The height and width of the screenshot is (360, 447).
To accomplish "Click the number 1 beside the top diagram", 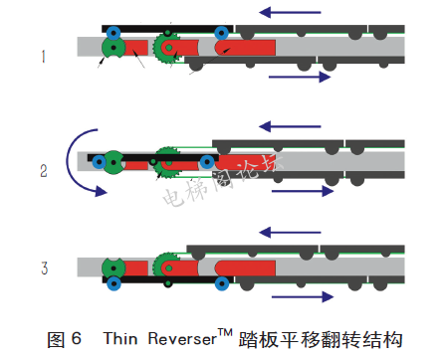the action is click(43, 57).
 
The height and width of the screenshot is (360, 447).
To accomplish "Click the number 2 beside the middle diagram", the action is click(44, 171).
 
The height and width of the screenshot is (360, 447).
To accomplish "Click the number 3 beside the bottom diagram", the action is click(45, 268).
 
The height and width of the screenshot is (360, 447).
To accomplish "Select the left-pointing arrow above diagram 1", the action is click(290, 13).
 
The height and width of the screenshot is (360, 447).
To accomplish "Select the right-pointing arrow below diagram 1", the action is click(300, 78).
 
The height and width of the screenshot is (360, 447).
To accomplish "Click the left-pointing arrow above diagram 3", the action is click(290, 233).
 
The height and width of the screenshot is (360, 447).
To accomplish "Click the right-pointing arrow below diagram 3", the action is click(303, 297).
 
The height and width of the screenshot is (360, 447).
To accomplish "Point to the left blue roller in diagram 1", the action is click(113, 33).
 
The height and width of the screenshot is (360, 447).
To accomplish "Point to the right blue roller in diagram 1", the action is click(221, 33).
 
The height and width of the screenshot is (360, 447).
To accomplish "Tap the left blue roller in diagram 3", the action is click(113, 283).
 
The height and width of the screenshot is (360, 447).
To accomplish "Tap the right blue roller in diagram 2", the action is click(207, 162).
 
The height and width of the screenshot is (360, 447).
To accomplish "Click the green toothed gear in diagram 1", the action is click(166, 48).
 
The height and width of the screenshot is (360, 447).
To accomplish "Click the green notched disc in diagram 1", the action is click(113, 48).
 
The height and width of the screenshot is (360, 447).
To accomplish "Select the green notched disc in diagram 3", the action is click(113, 268).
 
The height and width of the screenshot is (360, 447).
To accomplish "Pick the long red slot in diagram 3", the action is click(245, 268).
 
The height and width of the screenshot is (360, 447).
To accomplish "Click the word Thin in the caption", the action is click(120, 339).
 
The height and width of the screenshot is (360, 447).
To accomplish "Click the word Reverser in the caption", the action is click(182, 339).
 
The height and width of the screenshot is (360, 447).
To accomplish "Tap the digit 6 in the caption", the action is click(77, 339).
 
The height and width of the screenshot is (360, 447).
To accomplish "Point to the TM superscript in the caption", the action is click(225, 332).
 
